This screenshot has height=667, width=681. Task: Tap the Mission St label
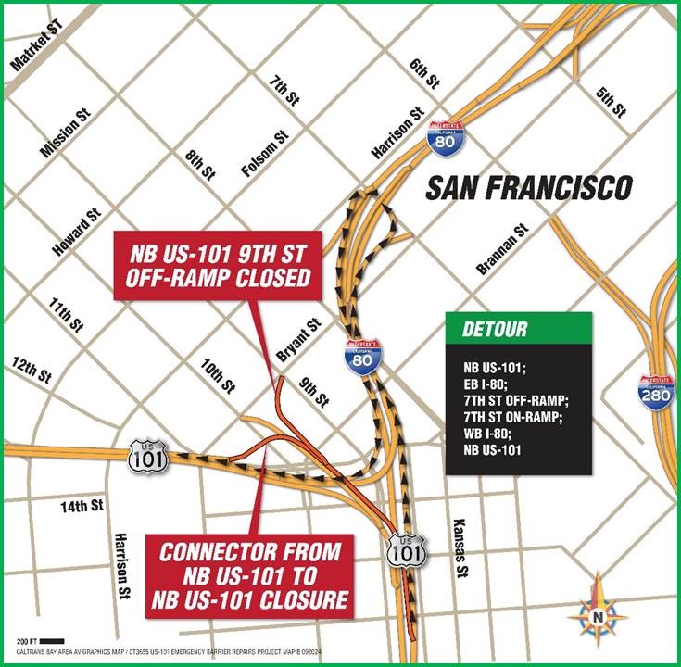[x=65, y=132]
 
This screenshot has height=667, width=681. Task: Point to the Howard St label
[x=76, y=233]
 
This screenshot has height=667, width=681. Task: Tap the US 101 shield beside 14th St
[x=148, y=455]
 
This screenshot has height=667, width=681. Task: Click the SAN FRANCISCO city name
[x=529, y=188]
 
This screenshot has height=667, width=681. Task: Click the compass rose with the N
[x=599, y=610]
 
